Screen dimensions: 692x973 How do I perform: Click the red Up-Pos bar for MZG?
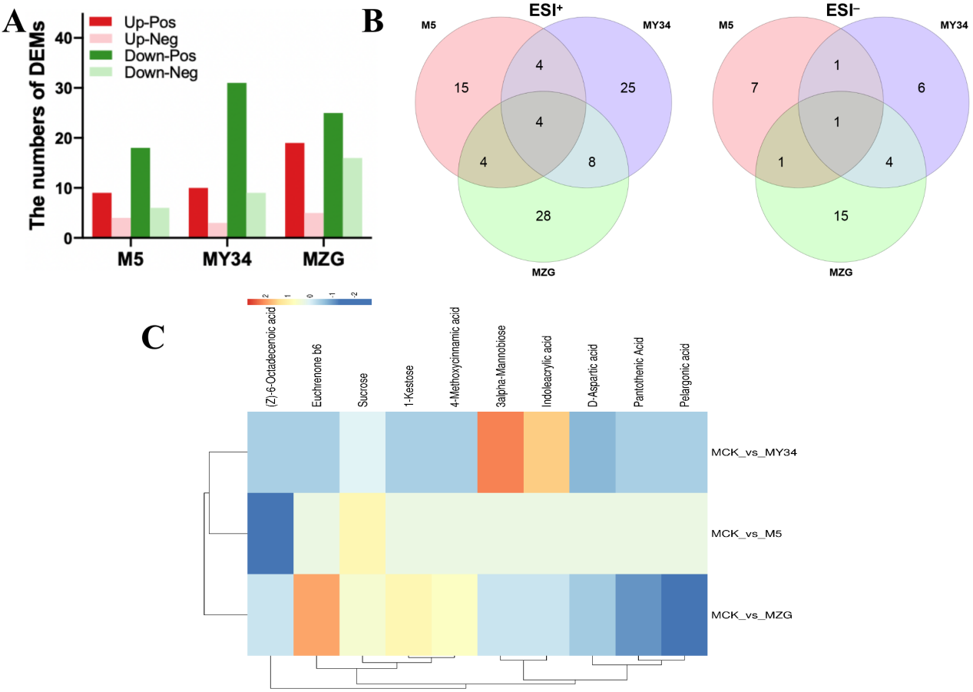coord(294,190)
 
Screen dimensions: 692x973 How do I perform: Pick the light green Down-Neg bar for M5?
coord(159,223)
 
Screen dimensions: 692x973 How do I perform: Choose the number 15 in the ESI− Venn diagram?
coord(841,216)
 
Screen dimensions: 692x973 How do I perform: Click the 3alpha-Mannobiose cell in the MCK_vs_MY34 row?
coord(501,452)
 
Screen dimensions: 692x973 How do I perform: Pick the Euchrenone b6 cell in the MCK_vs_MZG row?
coord(316,614)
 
